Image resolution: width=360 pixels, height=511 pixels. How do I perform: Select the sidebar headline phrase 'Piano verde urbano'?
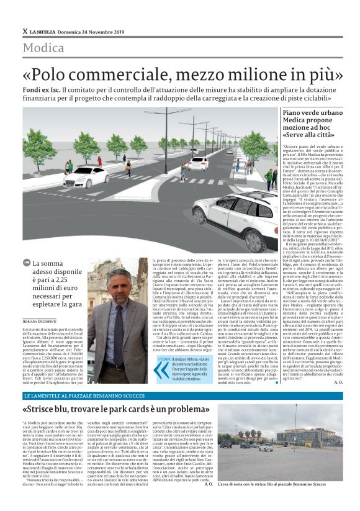292,113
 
